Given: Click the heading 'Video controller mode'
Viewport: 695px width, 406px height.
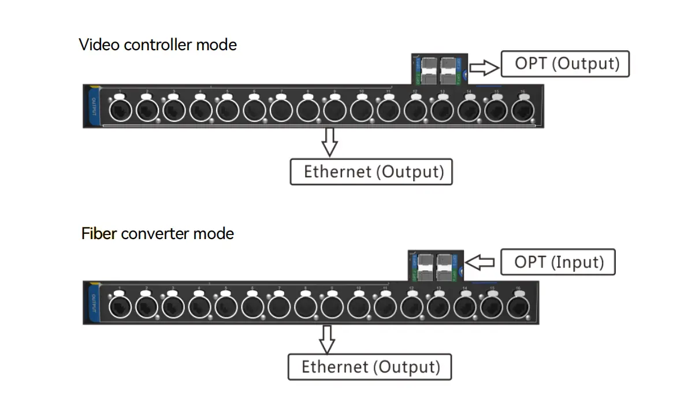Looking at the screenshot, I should point(158,44).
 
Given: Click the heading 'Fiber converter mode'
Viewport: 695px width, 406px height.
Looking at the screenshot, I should point(158,234).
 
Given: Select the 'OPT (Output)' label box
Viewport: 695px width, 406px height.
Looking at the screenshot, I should point(564,64).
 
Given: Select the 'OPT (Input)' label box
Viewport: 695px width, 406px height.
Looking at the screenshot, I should point(558,262).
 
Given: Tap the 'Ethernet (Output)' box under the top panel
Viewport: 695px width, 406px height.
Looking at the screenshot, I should point(371,172).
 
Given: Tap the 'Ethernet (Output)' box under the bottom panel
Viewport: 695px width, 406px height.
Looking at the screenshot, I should point(370,367).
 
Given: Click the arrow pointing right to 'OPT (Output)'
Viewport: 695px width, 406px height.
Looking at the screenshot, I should point(484,68).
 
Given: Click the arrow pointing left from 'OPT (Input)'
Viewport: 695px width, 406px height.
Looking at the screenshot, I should point(480,263).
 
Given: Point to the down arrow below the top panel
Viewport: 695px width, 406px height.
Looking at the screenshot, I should point(329,142).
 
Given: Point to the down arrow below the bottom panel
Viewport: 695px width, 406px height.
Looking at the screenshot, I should point(328,339).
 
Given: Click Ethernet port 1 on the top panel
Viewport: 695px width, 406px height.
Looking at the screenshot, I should point(120,110).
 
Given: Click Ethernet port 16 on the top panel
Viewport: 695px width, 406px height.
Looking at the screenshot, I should point(522,110).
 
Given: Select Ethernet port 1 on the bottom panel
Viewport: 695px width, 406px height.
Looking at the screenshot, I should point(120,306).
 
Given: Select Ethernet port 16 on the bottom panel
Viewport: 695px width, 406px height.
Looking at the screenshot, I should point(518,306).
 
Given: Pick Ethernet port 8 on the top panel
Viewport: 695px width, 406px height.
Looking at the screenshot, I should point(307,110).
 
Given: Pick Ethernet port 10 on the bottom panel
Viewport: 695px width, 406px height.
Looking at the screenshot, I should point(358,306).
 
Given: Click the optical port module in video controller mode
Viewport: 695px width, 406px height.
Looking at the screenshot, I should point(437,70).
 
